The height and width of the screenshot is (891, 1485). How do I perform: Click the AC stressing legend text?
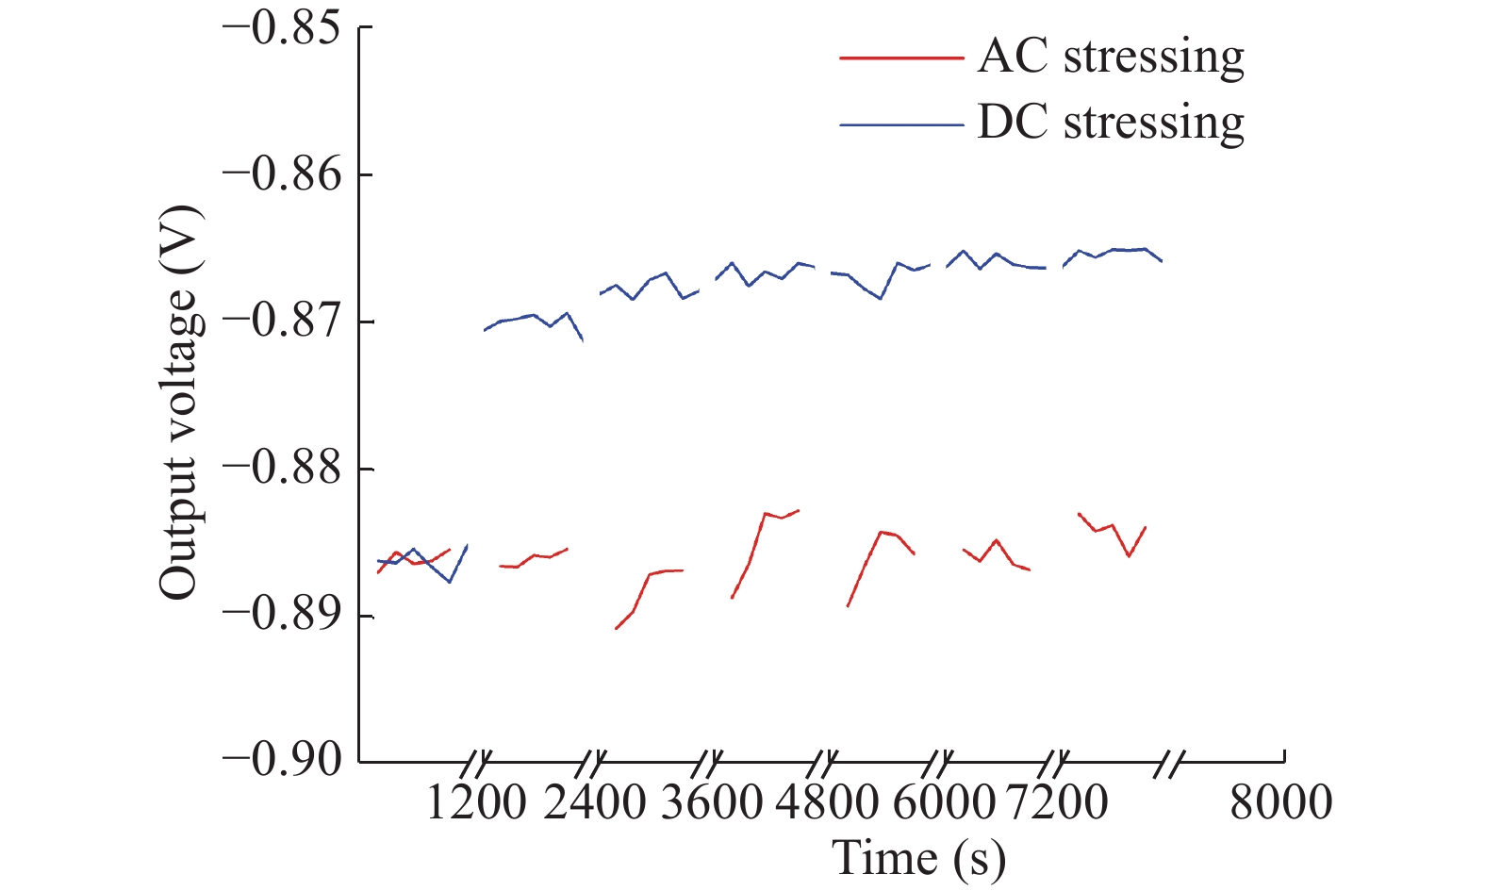[x=1111, y=58]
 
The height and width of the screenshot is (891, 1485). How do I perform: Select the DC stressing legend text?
[x=1111, y=124]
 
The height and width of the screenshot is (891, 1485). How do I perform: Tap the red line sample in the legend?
[x=901, y=58]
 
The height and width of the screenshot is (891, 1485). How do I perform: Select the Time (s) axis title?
[x=918, y=859]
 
